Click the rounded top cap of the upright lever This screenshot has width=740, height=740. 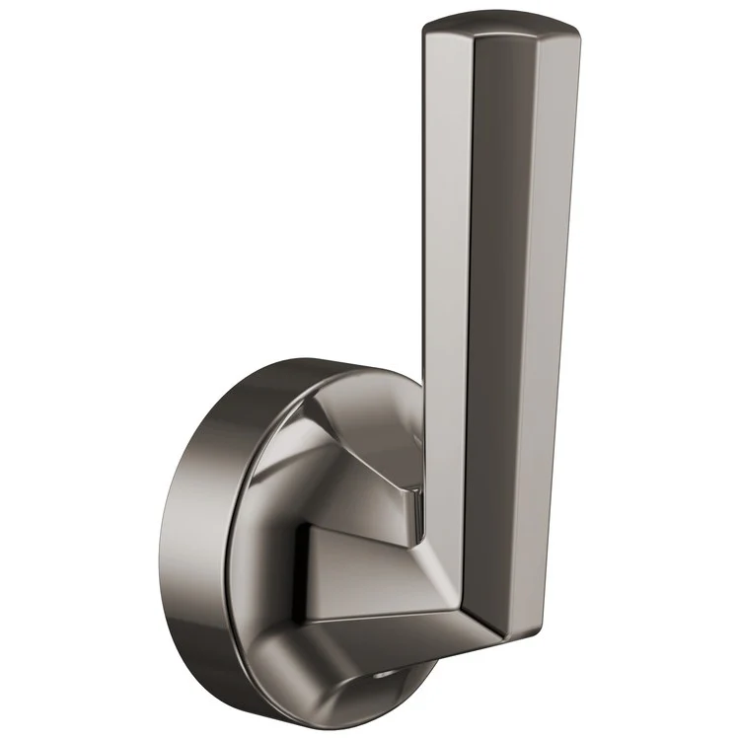pos(498,30)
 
